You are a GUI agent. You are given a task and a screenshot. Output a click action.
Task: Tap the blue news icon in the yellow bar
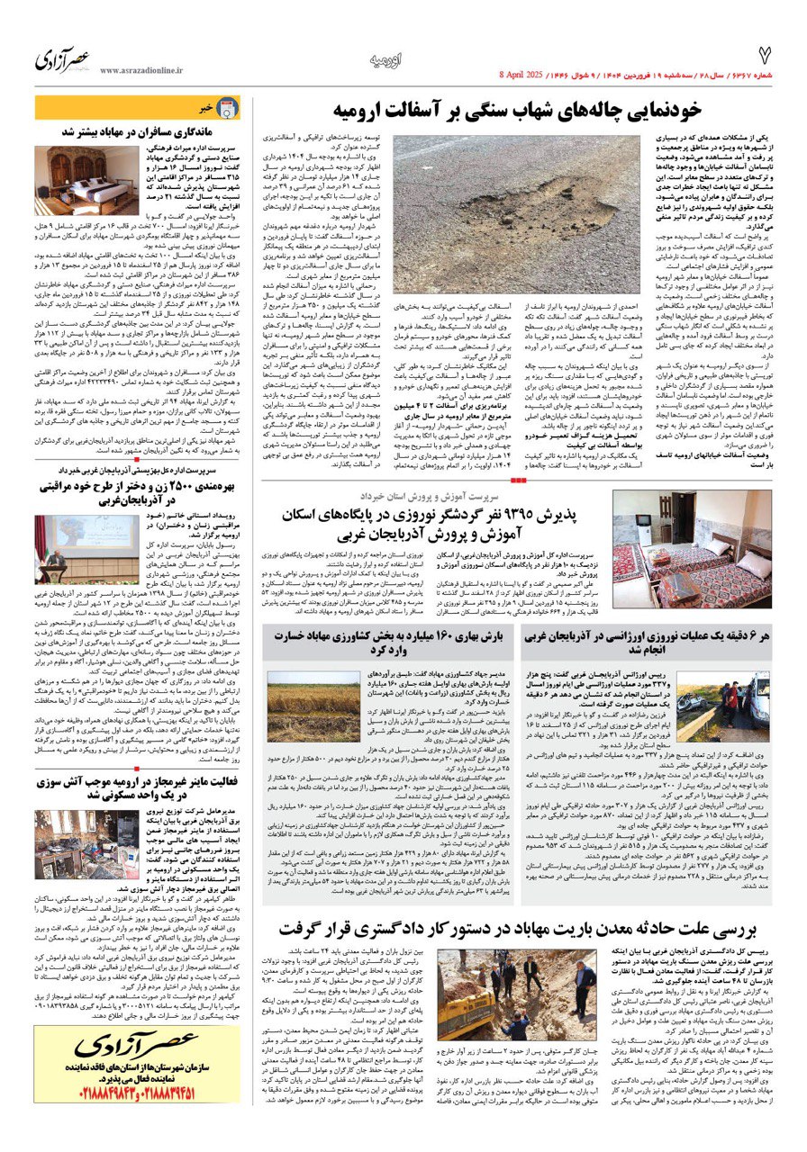[x=228, y=108]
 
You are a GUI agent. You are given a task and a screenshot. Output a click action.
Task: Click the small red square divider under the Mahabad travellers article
[x=137, y=459]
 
